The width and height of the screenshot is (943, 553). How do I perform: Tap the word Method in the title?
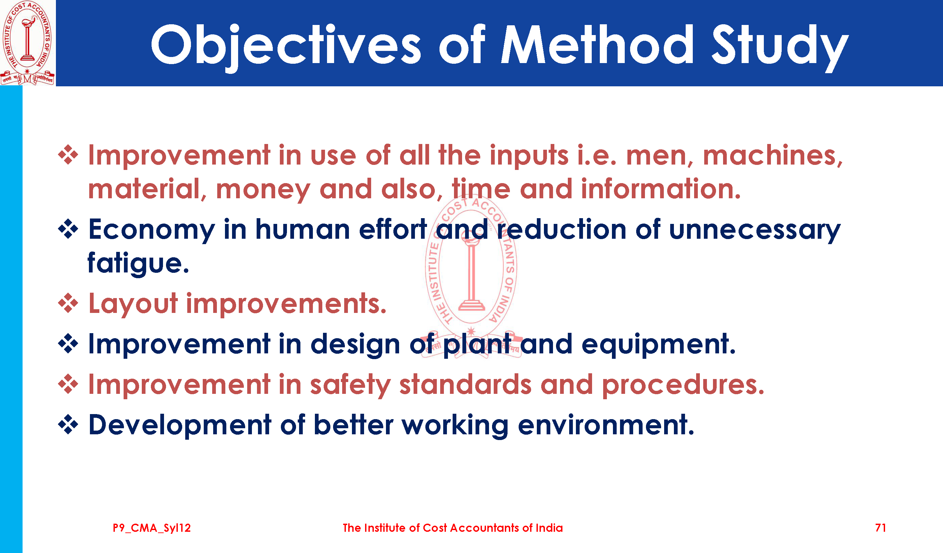click(x=597, y=44)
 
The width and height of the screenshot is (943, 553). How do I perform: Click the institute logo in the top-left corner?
click(x=27, y=43)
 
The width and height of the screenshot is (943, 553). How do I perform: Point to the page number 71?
click(x=880, y=528)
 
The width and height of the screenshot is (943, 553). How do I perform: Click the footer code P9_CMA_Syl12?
click(x=152, y=528)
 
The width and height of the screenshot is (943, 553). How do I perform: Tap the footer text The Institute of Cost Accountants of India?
click(x=453, y=528)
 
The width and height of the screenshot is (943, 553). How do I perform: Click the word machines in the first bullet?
click(x=773, y=155)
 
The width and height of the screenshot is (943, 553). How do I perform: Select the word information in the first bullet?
click(x=661, y=188)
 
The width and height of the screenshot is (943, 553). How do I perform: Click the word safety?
click(x=350, y=385)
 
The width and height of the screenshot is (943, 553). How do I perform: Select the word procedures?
click(x=683, y=385)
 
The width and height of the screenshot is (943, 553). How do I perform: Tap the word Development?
click(x=180, y=426)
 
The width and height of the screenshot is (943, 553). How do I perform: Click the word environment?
click(x=606, y=425)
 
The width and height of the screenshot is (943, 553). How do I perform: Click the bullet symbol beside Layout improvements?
click(x=68, y=303)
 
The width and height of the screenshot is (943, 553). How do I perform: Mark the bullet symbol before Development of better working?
click(x=68, y=425)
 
